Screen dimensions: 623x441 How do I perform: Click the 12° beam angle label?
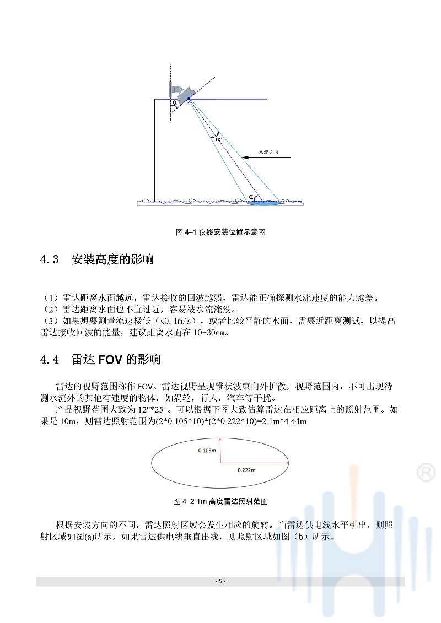click(x=218, y=139)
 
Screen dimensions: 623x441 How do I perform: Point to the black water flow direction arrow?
click(x=267, y=158)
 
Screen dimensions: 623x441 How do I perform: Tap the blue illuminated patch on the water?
click(x=263, y=203)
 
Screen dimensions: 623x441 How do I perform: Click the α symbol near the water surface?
click(x=251, y=196)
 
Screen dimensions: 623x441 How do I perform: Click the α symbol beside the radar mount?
click(x=175, y=102)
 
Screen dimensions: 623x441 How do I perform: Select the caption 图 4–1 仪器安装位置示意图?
click(x=220, y=232)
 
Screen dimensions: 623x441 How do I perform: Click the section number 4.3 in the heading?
click(x=50, y=260)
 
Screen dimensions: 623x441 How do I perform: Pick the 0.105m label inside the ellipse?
click(x=207, y=450)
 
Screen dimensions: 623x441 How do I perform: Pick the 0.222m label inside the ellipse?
click(x=246, y=470)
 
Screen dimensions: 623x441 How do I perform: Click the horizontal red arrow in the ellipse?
click(x=254, y=463)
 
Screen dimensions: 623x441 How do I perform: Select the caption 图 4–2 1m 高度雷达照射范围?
click(x=220, y=501)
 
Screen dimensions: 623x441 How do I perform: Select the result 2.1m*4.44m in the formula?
click(x=281, y=422)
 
